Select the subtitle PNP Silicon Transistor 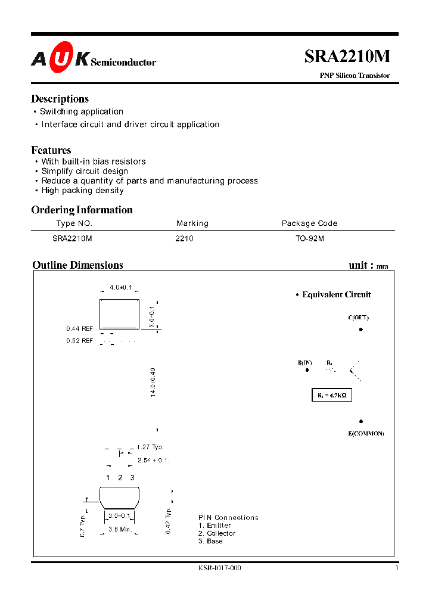point(355,76)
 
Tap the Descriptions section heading point(60,99)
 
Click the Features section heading point(51,150)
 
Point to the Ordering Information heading point(82,210)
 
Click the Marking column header point(192,223)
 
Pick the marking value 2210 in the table point(185,238)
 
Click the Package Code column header point(309,223)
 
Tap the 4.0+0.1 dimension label point(121,288)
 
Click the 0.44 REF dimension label point(80,328)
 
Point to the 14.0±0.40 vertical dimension point(153,383)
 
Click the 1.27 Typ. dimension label point(150,447)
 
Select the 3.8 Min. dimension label point(120,529)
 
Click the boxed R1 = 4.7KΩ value point(332,395)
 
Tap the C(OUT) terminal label point(358,318)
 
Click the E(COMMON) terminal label point(366,433)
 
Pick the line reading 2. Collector point(217,533)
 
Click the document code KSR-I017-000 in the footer point(219,568)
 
